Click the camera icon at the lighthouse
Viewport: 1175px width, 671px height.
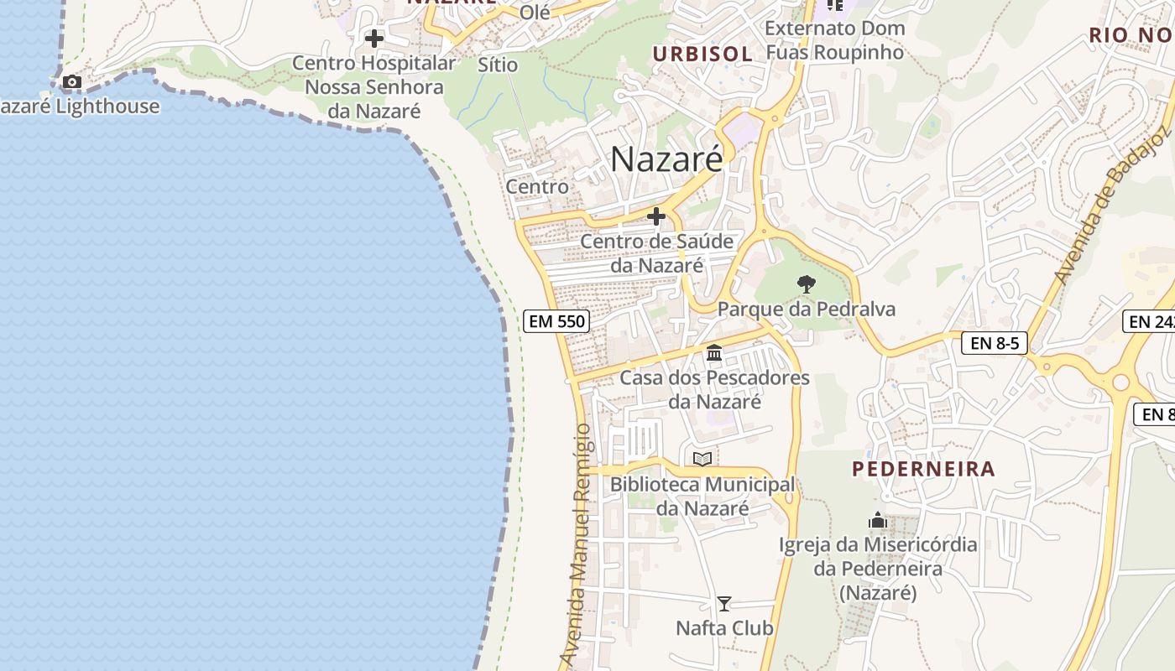pyautogui.click(x=72, y=82)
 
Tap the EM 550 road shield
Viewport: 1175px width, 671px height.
pyautogui.click(x=556, y=320)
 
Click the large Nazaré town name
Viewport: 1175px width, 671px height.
pyautogui.click(x=666, y=159)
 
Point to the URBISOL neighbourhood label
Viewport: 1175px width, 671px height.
pyautogui.click(x=702, y=54)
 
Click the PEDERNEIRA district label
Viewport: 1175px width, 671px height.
pyautogui.click(x=923, y=469)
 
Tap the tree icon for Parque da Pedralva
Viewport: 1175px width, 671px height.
pyautogui.click(x=806, y=283)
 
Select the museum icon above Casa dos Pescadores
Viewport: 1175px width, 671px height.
pyautogui.click(x=714, y=352)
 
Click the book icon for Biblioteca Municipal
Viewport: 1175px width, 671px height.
pyautogui.click(x=702, y=459)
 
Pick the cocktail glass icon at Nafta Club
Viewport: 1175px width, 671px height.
pyautogui.click(x=723, y=603)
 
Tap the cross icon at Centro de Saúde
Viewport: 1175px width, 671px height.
pyautogui.click(x=656, y=216)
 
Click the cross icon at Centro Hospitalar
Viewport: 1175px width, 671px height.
pyautogui.click(x=374, y=39)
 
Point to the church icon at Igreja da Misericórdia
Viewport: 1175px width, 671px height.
pyautogui.click(x=878, y=520)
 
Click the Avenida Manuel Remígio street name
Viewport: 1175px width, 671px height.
pyautogui.click(x=580, y=545)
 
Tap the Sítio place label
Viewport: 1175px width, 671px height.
pyautogui.click(x=498, y=65)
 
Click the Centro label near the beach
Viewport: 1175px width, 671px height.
pyautogui.click(x=537, y=186)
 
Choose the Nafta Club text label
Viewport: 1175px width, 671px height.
pyautogui.click(x=724, y=627)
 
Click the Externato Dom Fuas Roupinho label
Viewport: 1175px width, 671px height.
pyautogui.click(x=835, y=40)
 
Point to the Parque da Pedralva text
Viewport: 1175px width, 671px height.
pyautogui.click(x=806, y=309)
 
